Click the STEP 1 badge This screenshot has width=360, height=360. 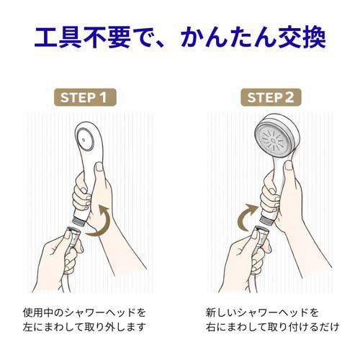85,97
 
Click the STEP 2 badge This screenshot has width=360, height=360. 271,97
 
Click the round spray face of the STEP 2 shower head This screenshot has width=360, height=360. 275,140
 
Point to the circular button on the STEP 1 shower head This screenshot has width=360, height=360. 84,140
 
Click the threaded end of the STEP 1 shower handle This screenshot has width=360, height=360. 78,221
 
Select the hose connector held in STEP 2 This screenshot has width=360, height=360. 261,238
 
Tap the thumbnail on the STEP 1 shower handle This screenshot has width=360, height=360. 99,167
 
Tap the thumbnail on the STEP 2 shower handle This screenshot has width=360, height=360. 289,166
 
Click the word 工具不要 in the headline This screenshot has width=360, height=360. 83,37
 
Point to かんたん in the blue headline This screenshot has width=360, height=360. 228,37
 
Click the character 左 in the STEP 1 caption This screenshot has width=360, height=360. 27,327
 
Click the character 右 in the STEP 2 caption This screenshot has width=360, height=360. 210,327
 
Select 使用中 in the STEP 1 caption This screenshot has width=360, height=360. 37,312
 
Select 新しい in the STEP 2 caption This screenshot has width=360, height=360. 220,312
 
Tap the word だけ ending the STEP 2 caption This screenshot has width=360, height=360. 330,327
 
